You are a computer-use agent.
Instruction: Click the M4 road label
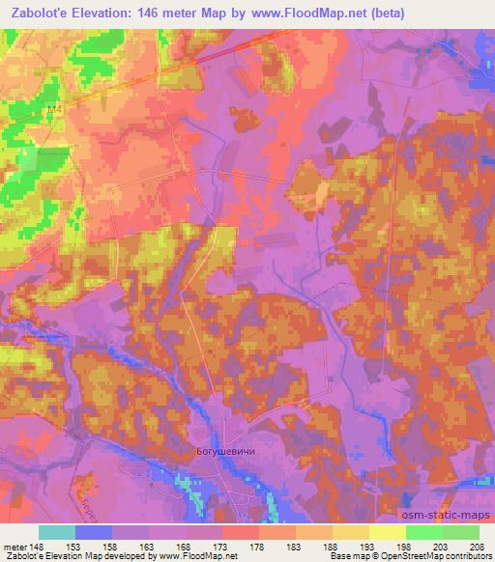[x=54, y=111]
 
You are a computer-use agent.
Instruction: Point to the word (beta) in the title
[x=384, y=13]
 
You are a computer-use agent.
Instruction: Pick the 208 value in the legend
[x=479, y=547]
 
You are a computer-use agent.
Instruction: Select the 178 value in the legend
[x=258, y=547]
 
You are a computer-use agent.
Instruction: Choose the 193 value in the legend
[x=368, y=547]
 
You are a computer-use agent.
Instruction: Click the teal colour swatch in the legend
[x=57, y=532]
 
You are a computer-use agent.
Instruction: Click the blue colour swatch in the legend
[x=94, y=532]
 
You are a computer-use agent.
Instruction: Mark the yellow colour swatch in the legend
[x=387, y=532]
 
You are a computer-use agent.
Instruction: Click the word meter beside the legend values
[x=14, y=547]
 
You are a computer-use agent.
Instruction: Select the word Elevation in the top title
[x=100, y=13]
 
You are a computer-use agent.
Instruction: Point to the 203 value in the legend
[x=442, y=547]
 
